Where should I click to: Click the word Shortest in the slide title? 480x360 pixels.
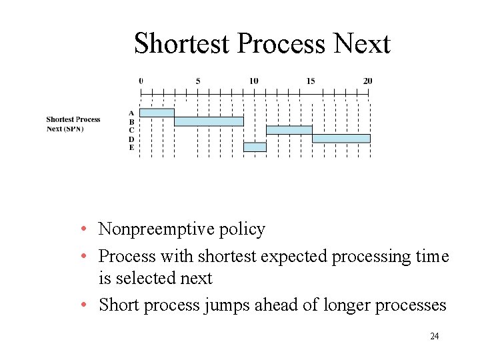183,44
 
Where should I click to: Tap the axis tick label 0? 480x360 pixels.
141,81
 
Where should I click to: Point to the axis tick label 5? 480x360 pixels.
198,81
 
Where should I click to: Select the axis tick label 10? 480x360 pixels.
254,81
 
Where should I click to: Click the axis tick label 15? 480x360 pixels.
311,81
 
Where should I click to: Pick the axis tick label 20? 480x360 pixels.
367,81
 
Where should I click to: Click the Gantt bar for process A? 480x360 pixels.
157,113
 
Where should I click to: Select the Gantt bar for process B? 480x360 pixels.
209,121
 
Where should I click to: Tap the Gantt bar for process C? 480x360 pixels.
289,130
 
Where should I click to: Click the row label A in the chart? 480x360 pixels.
131,113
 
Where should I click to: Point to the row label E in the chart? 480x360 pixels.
131,147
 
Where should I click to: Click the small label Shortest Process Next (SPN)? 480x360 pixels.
73,124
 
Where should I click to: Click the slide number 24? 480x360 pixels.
435,336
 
